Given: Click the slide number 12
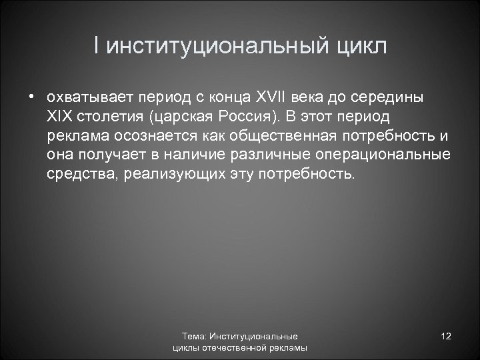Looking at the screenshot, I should pos(447,337).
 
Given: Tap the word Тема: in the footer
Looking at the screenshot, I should pos(195,337).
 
